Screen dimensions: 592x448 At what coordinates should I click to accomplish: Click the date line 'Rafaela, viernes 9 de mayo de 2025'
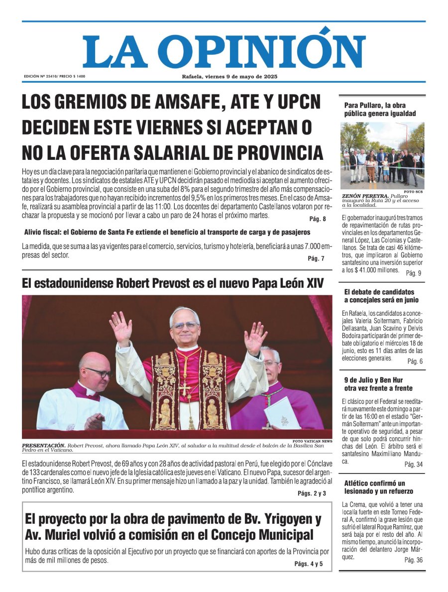pyautogui.click(x=229, y=76)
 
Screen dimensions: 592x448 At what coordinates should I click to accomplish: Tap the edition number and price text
pyautogui.click(x=54, y=76)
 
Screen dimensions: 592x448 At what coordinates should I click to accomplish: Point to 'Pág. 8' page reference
pyautogui.click(x=317, y=219)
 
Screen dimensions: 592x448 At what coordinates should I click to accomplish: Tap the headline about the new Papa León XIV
pyautogui.click(x=173, y=284)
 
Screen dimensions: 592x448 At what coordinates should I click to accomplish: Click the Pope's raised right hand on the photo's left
pyautogui.click(x=121, y=328)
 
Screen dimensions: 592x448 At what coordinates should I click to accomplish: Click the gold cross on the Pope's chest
pyautogui.click(x=185, y=388)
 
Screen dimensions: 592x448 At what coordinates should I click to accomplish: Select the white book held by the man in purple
pyautogui.click(x=282, y=413)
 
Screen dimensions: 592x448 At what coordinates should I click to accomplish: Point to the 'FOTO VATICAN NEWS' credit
pyautogui.click(x=312, y=441)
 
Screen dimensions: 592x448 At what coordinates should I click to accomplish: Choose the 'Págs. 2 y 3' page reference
pyautogui.click(x=312, y=493)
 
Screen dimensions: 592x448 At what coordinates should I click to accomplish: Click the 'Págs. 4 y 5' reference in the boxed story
pyautogui.click(x=308, y=564)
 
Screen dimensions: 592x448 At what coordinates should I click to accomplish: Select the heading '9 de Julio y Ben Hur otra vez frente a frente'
pyautogui.click(x=378, y=384)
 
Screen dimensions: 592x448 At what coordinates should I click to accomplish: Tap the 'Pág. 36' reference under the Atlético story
pyautogui.click(x=413, y=560)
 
